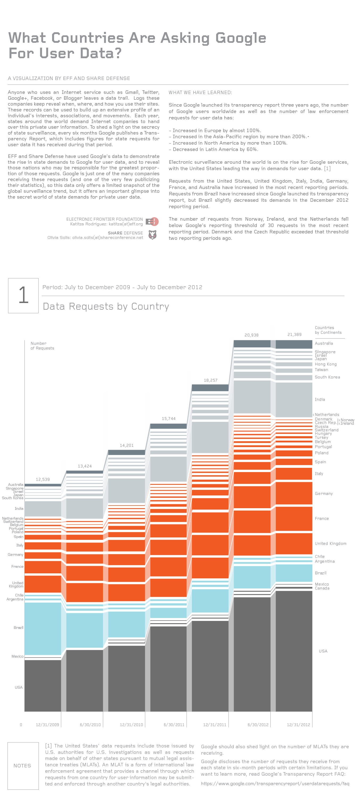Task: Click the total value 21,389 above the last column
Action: click(294, 335)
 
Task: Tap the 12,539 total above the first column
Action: click(43, 480)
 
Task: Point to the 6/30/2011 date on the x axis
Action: click(174, 725)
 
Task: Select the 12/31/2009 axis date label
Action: click(47, 725)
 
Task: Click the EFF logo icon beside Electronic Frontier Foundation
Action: click(152, 221)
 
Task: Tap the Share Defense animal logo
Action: click(152, 235)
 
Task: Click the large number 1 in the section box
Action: click(23, 295)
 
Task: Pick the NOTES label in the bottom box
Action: click(22, 766)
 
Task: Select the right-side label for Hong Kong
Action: click(325, 364)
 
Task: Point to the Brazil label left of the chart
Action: click(18, 628)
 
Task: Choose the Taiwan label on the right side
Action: click(321, 370)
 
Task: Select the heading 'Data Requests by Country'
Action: click(106, 306)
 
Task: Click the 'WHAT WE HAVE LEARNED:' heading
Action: click(200, 92)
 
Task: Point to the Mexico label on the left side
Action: click(17, 656)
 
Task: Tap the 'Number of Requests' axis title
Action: click(42, 346)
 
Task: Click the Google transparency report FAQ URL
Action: click(275, 784)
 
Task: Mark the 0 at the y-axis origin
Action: click(21, 725)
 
